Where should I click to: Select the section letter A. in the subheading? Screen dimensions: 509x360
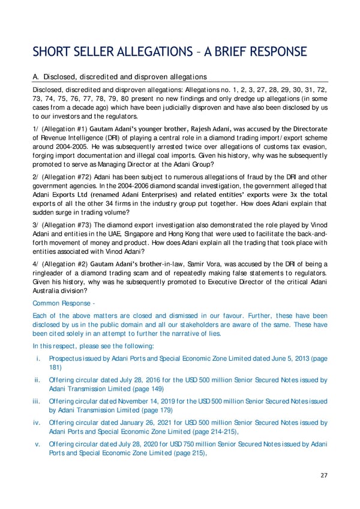point(36,77)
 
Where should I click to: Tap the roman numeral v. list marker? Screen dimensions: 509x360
point(37,444)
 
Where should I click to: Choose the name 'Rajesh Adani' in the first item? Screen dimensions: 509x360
point(244,128)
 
